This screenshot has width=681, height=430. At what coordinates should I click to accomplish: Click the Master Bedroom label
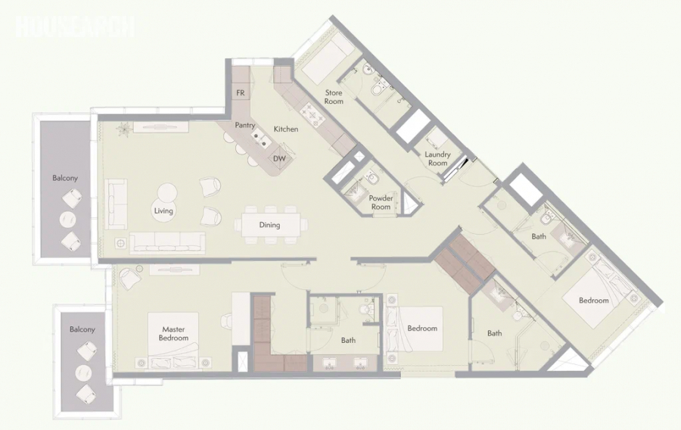[173, 334]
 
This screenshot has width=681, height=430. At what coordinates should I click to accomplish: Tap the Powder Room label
[381, 202]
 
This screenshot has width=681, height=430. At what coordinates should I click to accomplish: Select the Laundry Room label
[437, 158]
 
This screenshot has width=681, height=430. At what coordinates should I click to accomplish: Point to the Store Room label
[334, 97]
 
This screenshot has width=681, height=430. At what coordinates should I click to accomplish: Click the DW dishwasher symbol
[279, 158]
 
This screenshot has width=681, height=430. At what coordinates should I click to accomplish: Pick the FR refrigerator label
[240, 93]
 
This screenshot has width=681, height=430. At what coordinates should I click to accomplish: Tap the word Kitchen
[286, 129]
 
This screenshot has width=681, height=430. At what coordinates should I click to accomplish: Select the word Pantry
[245, 125]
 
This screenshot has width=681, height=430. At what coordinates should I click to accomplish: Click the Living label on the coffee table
[163, 211]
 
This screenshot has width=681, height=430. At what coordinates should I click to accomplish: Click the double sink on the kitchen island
[262, 138]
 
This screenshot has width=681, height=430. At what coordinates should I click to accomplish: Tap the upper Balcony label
[65, 178]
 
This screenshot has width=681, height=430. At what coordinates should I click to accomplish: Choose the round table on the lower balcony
[83, 372]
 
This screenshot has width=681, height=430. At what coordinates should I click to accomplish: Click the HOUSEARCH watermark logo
[74, 27]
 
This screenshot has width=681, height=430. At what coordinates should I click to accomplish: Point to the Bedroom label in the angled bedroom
[594, 301]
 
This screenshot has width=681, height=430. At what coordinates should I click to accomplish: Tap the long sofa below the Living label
[168, 243]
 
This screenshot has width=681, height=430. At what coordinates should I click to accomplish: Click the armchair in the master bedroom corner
[128, 279]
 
